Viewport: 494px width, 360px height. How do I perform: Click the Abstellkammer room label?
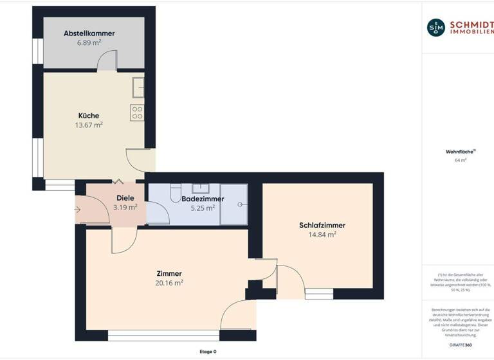pos(89,33)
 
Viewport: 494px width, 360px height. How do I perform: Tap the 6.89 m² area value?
pos(89,43)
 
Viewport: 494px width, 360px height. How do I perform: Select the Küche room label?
pos(89,116)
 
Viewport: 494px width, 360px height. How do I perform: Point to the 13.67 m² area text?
pos(89,125)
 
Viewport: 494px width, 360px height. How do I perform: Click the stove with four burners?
pos(137,113)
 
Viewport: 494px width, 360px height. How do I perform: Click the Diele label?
pos(125,198)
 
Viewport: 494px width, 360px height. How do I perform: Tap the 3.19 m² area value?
pos(125,208)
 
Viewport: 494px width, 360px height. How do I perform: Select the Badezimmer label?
pos(202,199)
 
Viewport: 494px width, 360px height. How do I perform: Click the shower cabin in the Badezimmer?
pos(234,204)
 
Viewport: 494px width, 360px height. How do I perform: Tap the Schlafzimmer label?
pos(322,225)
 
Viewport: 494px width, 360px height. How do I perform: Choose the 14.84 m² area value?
pos(322,235)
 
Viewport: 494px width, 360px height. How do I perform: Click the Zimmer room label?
pos(169,273)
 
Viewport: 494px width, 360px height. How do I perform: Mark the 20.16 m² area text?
pos(169,283)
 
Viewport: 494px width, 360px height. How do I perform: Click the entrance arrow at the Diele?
pos(78,210)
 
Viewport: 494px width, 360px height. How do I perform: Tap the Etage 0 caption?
pos(208,352)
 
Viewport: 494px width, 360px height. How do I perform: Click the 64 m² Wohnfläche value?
pos(460,160)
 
